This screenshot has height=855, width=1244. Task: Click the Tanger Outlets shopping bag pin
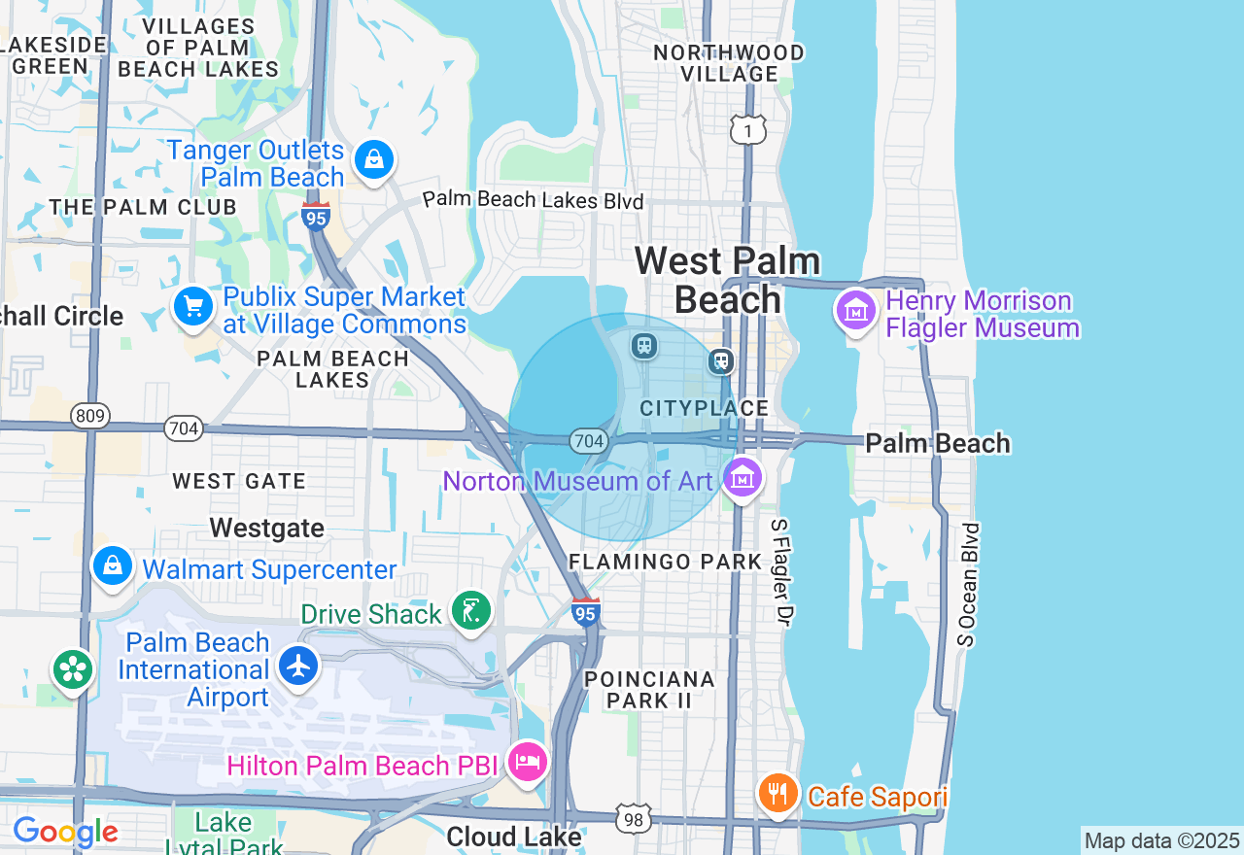[x=374, y=158]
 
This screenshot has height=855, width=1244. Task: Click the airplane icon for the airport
[x=298, y=666]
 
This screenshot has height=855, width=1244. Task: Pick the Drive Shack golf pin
[x=471, y=611]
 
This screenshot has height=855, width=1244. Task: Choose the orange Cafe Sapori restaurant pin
[x=777, y=794]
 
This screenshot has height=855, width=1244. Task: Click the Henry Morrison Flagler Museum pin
[x=856, y=311]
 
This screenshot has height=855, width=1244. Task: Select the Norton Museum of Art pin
[x=743, y=478]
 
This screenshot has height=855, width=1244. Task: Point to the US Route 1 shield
[x=748, y=129]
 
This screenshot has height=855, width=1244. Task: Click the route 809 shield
[x=89, y=417]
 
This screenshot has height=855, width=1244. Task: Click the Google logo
[x=65, y=833]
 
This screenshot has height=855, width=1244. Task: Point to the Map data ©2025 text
[x=1161, y=840]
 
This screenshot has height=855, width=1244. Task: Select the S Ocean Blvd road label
[x=967, y=584]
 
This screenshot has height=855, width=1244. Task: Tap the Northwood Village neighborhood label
[x=729, y=63]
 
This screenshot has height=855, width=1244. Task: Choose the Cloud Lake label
[x=514, y=837]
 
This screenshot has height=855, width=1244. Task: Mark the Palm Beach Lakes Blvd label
[x=534, y=200]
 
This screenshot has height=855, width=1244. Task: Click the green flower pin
[x=73, y=669]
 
